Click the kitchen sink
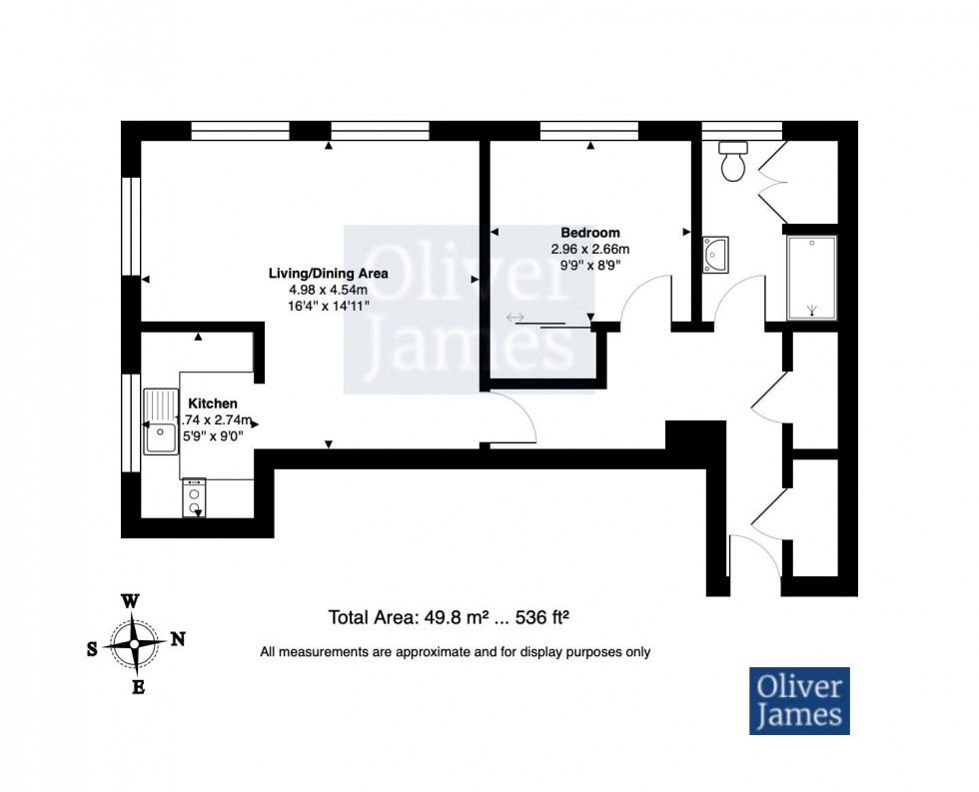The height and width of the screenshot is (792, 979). (x=160, y=420)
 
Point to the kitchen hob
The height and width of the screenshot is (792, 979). (x=194, y=497)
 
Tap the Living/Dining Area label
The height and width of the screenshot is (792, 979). (x=328, y=273)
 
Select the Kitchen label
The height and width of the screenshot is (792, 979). (x=213, y=402)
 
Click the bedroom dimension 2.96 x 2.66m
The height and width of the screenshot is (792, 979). (x=589, y=249)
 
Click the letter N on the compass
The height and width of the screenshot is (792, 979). (x=178, y=640)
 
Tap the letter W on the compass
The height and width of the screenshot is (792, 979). (x=129, y=601)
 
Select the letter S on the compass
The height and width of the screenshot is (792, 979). (x=92, y=648)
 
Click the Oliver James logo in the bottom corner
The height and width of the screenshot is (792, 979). (x=798, y=700)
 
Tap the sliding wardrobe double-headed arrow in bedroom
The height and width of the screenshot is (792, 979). (x=516, y=318)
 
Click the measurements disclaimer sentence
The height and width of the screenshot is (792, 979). (x=455, y=652)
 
